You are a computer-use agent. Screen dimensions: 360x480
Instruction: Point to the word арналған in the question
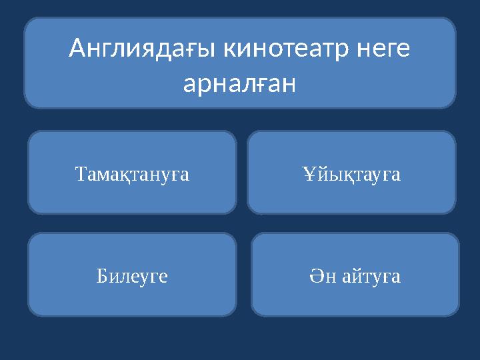tap(240, 85)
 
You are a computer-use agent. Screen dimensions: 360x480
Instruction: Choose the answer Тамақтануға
tap(133, 175)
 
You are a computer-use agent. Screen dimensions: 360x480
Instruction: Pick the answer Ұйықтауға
tap(351, 175)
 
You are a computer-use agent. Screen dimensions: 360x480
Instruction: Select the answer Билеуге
tap(132, 276)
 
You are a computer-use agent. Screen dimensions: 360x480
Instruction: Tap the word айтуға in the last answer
tap(371, 276)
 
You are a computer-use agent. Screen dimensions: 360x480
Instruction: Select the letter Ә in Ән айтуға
tap(317, 276)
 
